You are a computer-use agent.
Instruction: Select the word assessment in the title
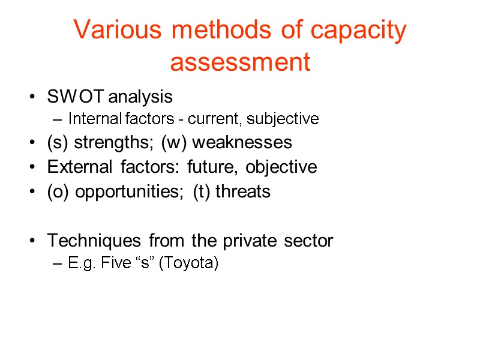click(240, 62)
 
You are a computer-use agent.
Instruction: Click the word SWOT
click(67, 97)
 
